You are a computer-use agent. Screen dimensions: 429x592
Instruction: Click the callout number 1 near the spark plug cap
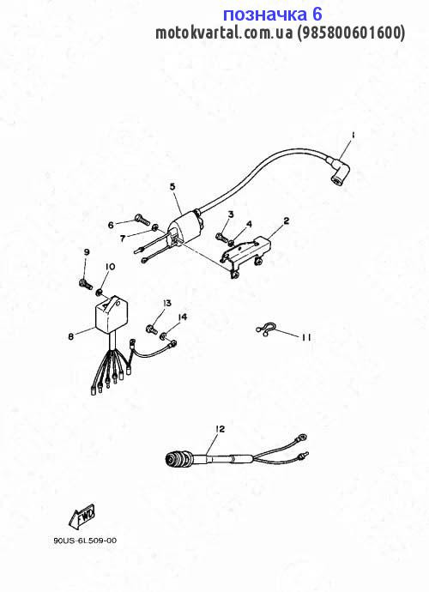[353, 136]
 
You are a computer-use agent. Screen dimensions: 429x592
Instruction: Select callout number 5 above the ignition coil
[172, 186]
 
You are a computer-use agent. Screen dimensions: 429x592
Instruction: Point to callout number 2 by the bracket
[287, 220]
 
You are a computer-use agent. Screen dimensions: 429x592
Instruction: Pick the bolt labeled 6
[142, 219]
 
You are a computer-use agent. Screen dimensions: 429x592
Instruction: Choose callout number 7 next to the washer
[123, 239]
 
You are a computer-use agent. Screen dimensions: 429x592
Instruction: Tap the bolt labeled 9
[86, 283]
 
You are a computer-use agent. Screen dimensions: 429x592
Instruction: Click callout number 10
[110, 267]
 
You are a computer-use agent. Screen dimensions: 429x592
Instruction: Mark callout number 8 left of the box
[71, 336]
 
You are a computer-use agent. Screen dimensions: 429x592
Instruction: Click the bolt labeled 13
[152, 329]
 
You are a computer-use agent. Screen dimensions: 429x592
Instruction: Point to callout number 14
[183, 317]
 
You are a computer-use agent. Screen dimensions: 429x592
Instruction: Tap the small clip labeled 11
[267, 330]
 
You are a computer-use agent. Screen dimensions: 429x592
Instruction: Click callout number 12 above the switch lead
[220, 429]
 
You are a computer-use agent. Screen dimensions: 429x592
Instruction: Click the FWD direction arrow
[82, 516]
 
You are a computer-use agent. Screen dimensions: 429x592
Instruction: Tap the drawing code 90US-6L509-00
[85, 541]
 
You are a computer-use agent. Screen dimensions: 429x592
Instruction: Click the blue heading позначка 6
[272, 15]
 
